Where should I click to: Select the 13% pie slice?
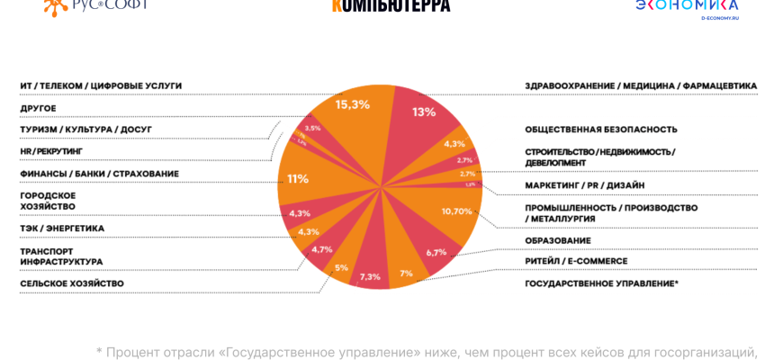coord(424,112)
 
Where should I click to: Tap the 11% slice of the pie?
coord(298,178)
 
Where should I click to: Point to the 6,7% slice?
coord(436,252)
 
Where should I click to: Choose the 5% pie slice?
coord(341,267)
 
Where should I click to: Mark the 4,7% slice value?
coord(321,249)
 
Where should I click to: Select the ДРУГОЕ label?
coord(39,108)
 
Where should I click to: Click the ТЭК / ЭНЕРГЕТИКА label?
coord(62,229)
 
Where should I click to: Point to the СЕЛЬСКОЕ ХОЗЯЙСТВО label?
coord(72,283)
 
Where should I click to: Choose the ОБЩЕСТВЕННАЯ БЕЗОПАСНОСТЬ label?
coord(601,130)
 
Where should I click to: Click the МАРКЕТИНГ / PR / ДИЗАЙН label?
coord(585,185)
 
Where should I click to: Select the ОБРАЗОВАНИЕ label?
coord(558,240)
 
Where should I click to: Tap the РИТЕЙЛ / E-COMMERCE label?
coord(576,261)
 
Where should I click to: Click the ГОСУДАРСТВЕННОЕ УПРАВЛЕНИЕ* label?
coord(602,283)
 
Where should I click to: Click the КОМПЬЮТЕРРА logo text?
coord(391,5)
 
